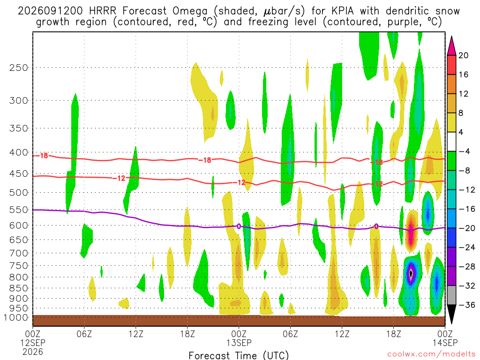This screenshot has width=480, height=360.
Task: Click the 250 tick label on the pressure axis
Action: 18,67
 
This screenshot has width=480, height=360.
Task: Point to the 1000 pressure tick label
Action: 15,317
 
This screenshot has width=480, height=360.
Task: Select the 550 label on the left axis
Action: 18,210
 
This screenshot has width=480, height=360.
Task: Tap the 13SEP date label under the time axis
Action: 239,343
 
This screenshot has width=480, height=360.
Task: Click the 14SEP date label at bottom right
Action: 445,343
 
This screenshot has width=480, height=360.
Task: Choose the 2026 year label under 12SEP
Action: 33,352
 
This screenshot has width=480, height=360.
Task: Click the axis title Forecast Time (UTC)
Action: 239,355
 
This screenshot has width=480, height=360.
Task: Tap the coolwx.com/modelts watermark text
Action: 432,354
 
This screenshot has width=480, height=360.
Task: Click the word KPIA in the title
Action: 341,11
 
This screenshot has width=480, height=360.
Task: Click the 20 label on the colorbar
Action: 463,55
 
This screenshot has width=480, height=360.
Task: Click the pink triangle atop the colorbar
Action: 451,45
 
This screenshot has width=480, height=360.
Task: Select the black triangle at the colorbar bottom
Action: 451,315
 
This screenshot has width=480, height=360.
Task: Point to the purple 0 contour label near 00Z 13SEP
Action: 239,226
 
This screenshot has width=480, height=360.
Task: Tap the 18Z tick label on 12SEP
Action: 187,334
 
